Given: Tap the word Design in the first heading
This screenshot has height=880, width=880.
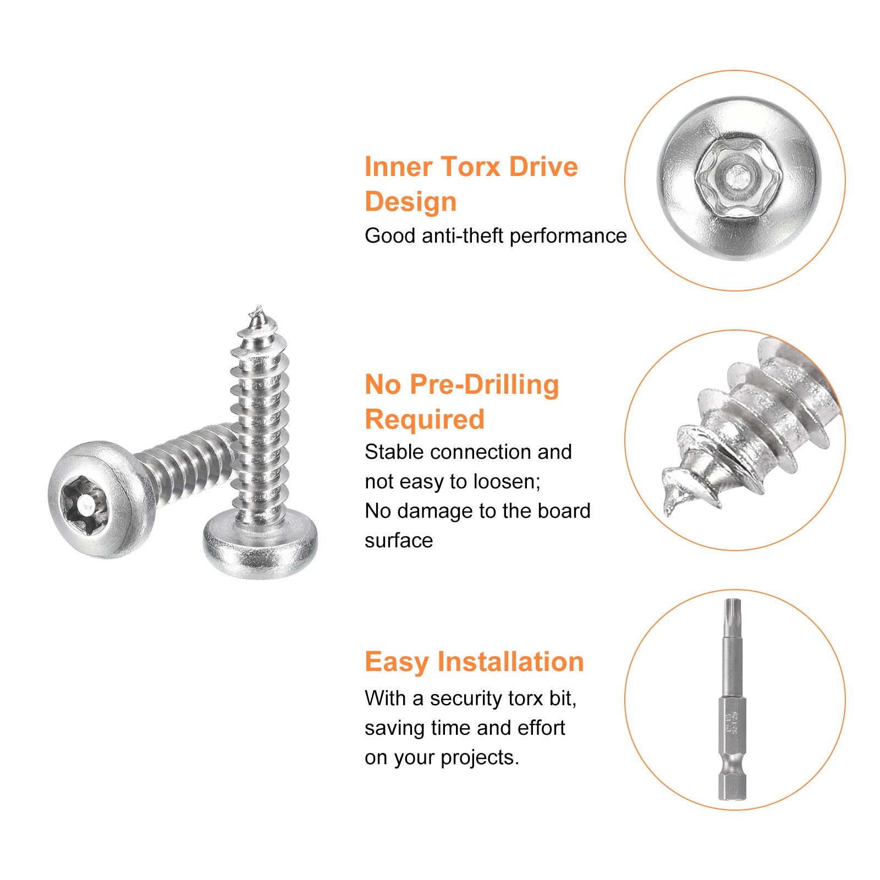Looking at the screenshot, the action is (x=411, y=202).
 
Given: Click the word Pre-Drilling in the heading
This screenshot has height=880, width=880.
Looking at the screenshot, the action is (x=485, y=385).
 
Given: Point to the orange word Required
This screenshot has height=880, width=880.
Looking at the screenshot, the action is (x=425, y=419).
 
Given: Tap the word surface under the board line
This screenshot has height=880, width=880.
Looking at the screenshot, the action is (x=399, y=541).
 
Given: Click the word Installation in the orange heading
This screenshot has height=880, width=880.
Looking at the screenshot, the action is (x=510, y=662).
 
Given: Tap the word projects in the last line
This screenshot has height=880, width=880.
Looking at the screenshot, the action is (x=480, y=758).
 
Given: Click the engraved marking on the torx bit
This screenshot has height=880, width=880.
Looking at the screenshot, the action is (x=732, y=722).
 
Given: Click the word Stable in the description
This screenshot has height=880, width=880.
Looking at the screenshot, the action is (x=394, y=452).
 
